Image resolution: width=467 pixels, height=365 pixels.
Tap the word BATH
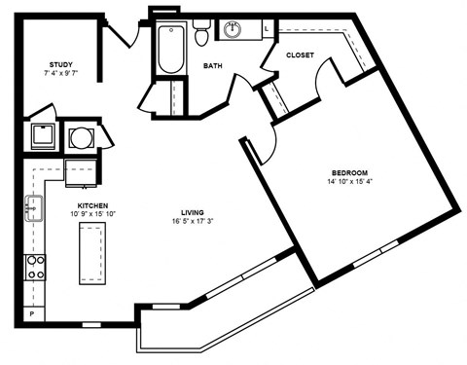[x=213, y=66]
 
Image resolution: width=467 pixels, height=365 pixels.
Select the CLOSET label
[x=300, y=55]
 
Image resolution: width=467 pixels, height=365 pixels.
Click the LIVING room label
[x=192, y=212]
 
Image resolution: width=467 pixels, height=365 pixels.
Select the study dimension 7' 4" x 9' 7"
[x=59, y=73]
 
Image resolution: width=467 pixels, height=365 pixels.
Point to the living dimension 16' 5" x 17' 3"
[x=192, y=222]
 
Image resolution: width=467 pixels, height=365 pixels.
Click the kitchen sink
[x=33, y=207]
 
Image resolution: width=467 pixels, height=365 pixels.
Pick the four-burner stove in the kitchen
[x=35, y=267]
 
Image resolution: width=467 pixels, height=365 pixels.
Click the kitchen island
[x=91, y=252]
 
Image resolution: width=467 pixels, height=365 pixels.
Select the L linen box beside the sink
[x=267, y=30]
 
